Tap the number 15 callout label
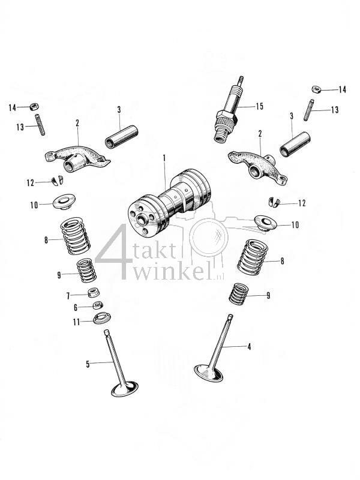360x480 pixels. pos(259,106)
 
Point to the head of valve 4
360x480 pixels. pos(209,372)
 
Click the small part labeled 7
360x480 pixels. pos(94,293)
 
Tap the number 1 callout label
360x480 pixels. pos(164,158)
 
